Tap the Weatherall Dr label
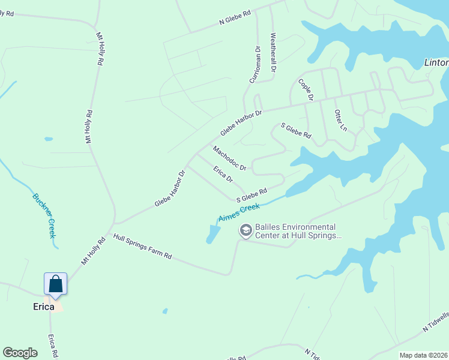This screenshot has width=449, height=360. click(x=273, y=53)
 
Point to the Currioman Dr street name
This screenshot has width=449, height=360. click(x=255, y=65)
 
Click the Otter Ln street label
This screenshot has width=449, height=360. click(x=340, y=120)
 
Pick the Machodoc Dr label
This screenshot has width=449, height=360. click(x=229, y=158)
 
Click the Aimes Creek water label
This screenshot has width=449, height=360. click(x=239, y=212)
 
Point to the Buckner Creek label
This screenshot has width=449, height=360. click(x=43, y=215)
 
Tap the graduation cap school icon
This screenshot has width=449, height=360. click(x=245, y=230)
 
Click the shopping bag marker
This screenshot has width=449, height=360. click(x=55, y=284)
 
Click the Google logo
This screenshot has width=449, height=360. click(x=20, y=353)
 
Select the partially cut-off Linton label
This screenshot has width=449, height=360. click(x=436, y=62)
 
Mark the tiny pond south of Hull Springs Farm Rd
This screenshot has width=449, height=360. click(x=164, y=311)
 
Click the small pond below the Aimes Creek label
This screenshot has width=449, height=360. click(x=211, y=233)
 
